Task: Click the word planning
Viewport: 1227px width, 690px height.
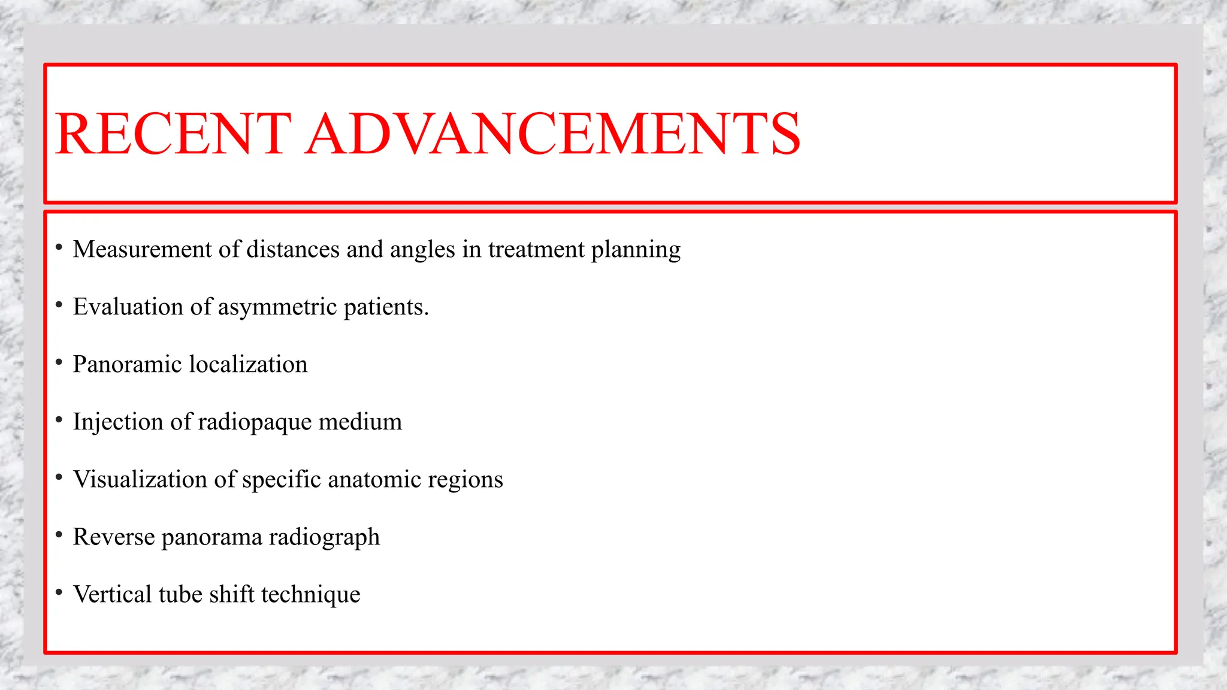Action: click(636, 249)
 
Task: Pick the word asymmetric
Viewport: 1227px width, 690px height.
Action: click(277, 307)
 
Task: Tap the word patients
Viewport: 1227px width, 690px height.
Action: click(386, 307)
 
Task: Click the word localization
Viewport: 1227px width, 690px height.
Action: click(248, 364)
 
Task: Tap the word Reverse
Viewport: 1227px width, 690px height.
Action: click(114, 537)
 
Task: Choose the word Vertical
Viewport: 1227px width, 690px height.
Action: click(113, 594)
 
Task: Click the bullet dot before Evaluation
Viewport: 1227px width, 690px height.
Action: click(59, 305)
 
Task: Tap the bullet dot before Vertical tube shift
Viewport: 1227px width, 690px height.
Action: click(59, 592)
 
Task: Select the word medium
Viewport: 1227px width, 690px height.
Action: click(360, 422)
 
